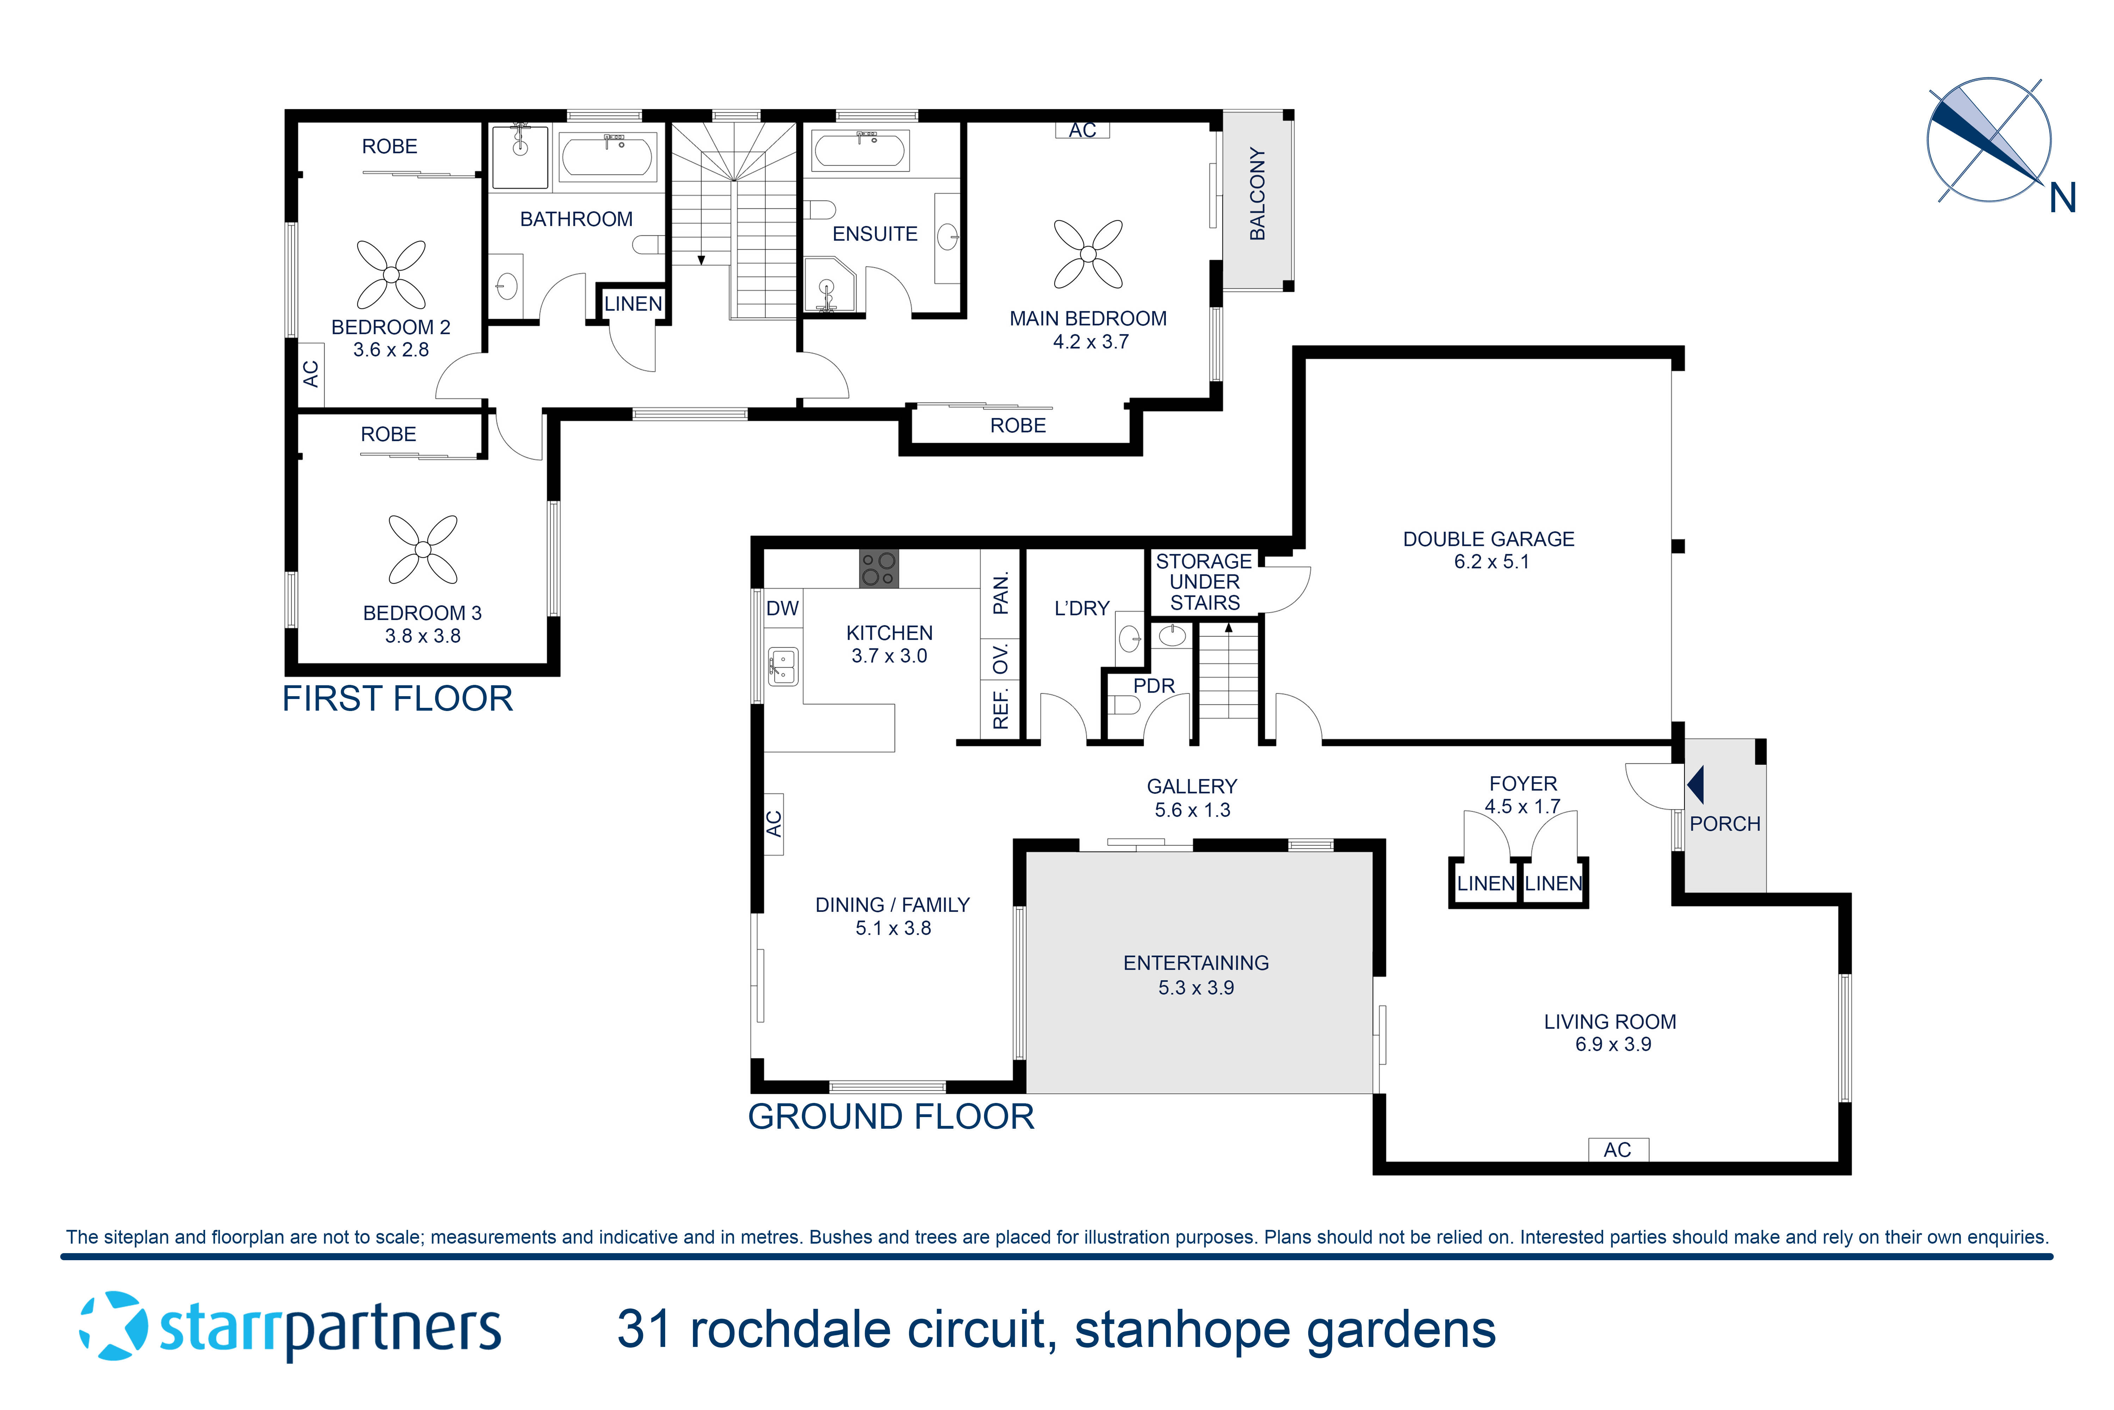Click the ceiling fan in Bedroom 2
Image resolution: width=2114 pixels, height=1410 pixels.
click(391, 274)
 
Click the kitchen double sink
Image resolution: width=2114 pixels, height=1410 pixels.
click(782, 666)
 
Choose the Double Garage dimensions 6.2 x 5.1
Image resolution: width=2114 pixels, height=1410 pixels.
click(1491, 562)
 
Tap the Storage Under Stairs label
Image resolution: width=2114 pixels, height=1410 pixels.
click(1204, 582)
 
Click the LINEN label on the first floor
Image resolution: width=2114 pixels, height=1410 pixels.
click(633, 304)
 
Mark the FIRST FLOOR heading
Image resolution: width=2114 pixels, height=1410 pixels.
click(397, 699)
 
